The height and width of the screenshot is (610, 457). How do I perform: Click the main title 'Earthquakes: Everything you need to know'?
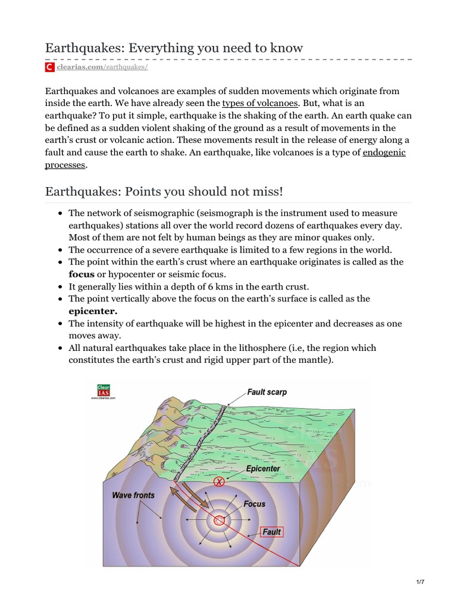[x=174, y=48]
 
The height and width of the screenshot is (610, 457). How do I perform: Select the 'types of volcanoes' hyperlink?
[x=259, y=103]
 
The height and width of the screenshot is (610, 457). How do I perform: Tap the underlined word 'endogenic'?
[x=384, y=153]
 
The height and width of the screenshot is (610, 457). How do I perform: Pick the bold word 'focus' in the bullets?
[x=82, y=273]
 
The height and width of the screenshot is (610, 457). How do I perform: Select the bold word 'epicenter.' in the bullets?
[x=93, y=311]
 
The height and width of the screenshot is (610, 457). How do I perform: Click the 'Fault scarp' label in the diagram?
[x=267, y=393]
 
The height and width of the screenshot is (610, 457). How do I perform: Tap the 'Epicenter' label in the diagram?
[x=263, y=469]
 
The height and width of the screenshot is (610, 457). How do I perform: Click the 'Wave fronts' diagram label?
[x=133, y=495]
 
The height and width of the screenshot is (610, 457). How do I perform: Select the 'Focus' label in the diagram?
[x=254, y=504]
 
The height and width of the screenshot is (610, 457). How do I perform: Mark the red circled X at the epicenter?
[x=219, y=481]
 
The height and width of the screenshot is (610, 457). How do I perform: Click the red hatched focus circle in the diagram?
[x=220, y=521]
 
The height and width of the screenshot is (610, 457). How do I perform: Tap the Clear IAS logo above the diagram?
[x=102, y=391]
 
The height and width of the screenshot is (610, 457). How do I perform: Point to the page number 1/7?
[x=420, y=582]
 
